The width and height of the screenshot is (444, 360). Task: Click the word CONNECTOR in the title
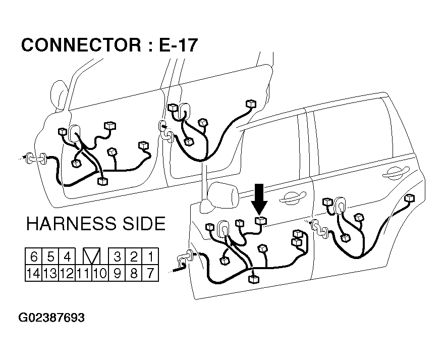pyautogui.click(x=81, y=45)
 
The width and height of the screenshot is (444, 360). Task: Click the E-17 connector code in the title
pyautogui.click(x=178, y=45)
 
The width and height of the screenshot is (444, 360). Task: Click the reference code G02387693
pyautogui.click(x=51, y=318)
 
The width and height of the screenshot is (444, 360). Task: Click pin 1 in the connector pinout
pyautogui.click(x=150, y=257)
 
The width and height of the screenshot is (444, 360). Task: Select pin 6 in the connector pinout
pyautogui.click(x=34, y=257)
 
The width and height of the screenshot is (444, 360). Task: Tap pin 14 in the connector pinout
pyautogui.click(x=34, y=273)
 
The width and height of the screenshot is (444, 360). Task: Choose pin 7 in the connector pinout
pyautogui.click(x=150, y=273)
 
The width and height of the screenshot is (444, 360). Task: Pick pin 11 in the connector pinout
pyautogui.click(x=84, y=273)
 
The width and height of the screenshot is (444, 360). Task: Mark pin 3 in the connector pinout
pyautogui.click(x=117, y=257)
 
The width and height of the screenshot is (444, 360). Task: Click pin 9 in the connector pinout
pyautogui.click(x=117, y=273)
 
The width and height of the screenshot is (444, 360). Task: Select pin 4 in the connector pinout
pyautogui.click(x=67, y=257)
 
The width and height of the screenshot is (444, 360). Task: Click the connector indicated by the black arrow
pyautogui.click(x=260, y=221)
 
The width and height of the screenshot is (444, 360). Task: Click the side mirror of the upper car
pyautogui.click(x=60, y=95)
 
